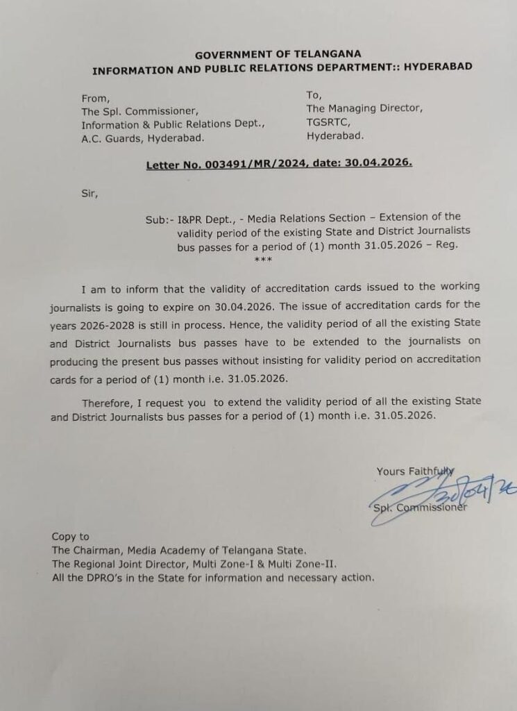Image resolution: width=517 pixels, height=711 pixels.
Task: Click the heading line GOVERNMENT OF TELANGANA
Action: click(278, 54)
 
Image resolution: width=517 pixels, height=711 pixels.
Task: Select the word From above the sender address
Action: click(95, 98)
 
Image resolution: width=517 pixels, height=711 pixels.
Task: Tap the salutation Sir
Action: click(90, 194)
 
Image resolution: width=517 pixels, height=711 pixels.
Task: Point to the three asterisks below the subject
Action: click(263, 260)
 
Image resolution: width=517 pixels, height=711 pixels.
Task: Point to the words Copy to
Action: click(71, 536)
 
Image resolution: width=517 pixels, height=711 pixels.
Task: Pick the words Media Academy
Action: click(166, 550)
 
